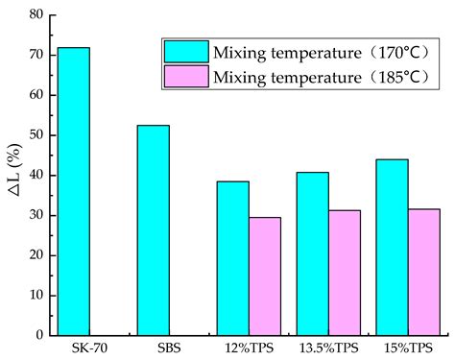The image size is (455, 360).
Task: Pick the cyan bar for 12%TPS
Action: coord(232,258)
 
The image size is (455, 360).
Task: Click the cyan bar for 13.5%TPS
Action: coord(312,253)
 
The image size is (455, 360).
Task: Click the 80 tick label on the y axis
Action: coord(36,15)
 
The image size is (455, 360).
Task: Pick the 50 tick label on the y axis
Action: coord(36,135)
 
